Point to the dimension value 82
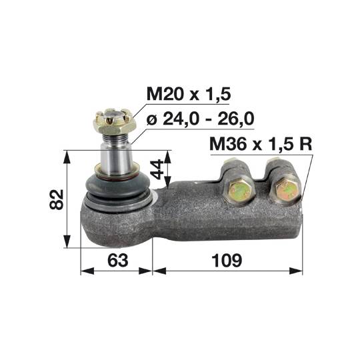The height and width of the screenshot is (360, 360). [56, 200]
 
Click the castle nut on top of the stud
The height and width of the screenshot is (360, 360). [115, 121]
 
